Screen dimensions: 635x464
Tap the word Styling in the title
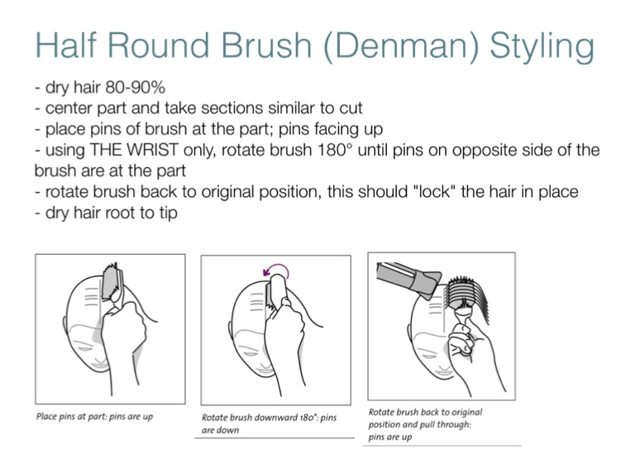click(x=542, y=46)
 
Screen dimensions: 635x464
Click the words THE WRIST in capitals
click(x=134, y=150)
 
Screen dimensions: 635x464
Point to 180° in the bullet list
click(x=335, y=150)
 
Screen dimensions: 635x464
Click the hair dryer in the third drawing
click(x=408, y=280)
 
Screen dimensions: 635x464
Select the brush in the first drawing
click(x=112, y=284)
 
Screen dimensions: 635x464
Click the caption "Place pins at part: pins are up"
click(x=94, y=416)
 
